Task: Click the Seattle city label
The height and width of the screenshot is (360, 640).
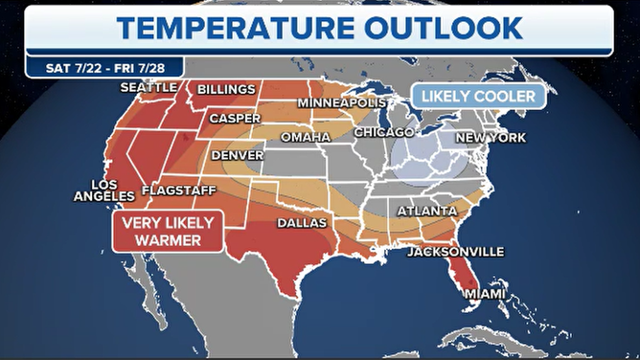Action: (x=149, y=87)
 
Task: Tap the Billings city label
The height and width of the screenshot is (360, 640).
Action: (x=227, y=90)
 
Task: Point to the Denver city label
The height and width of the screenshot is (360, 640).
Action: (x=237, y=154)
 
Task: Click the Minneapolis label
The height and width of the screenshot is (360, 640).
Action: (x=341, y=102)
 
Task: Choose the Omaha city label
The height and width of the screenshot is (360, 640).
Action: (x=305, y=138)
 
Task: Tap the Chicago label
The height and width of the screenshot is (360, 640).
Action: (x=383, y=132)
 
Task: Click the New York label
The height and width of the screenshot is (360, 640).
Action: (x=491, y=138)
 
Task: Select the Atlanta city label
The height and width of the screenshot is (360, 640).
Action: (x=427, y=211)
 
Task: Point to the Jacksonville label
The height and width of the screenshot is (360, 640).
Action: (x=455, y=252)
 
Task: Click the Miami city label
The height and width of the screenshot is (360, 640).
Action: (x=484, y=294)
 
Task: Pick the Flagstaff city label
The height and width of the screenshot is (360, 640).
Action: (x=178, y=191)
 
